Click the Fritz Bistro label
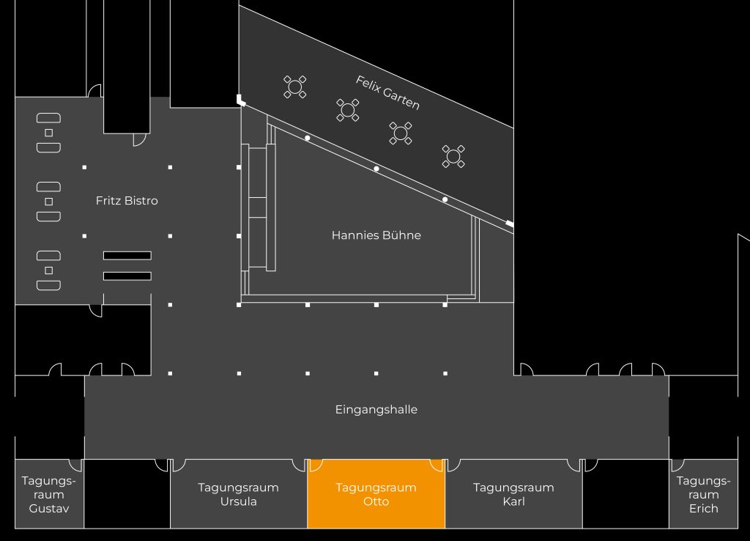(127, 200)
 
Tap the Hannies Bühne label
(376, 235)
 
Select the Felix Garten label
(387, 92)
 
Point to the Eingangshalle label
(376, 409)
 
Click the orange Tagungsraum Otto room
(376, 494)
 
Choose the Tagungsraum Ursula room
(238, 494)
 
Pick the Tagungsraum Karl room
(513, 494)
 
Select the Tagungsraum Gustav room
(49, 494)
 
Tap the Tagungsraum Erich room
(703, 494)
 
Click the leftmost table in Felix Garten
(295, 87)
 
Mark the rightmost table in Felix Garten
(453, 155)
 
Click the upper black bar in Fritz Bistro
(127, 255)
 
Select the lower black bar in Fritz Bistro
(127, 276)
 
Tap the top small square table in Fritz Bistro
(49, 133)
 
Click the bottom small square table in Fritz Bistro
(49, 270)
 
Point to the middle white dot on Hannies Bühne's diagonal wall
(376, 169)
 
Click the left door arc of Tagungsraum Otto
(316, 465)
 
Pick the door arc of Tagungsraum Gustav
(75, 465)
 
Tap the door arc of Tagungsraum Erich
(677, 465)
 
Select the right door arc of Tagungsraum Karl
(573, 465)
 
